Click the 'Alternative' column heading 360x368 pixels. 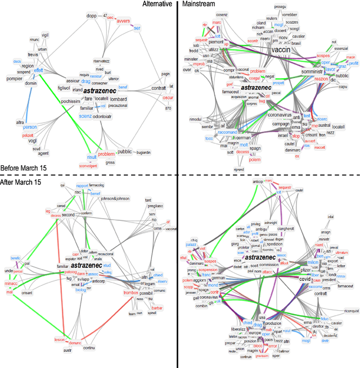point(157,4)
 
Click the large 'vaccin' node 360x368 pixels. point(284,50)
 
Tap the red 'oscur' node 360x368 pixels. point(168,97)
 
